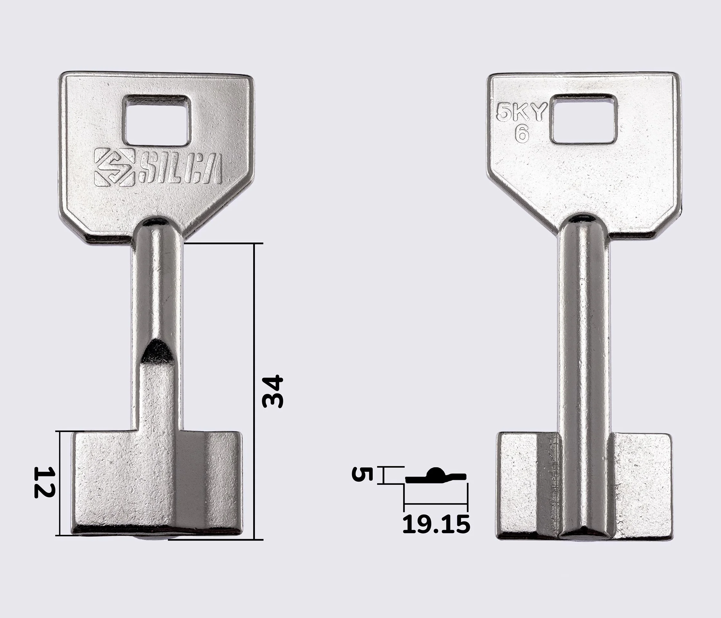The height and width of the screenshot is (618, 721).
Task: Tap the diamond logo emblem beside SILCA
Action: point(115,167)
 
